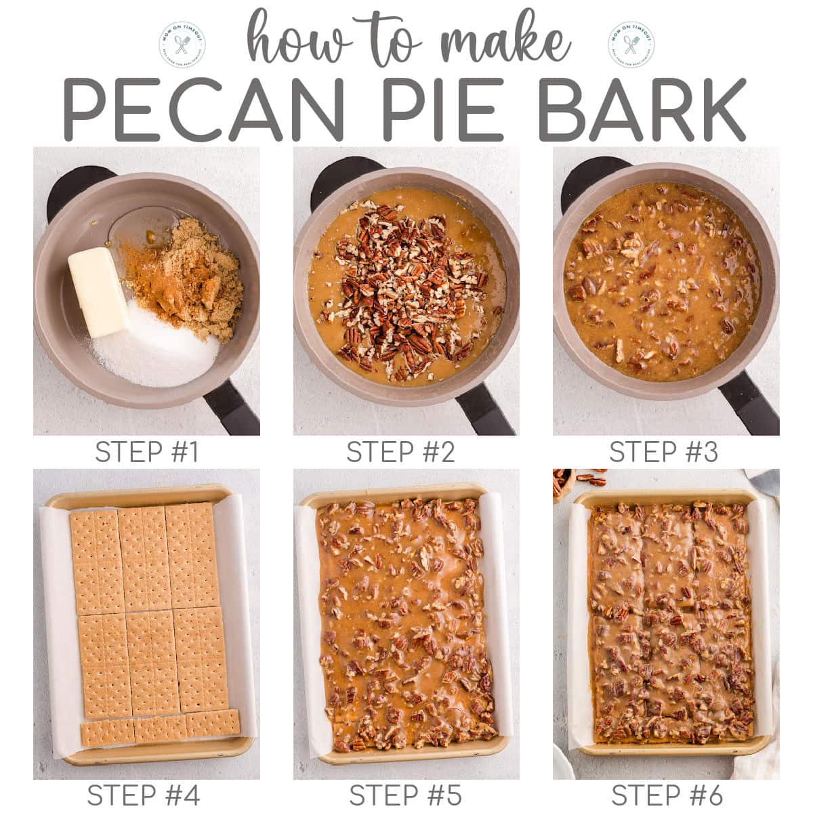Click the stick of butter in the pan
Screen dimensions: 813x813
[98, 291]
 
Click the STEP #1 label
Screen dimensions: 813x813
[147, 453]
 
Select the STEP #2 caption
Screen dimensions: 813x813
[400, 453]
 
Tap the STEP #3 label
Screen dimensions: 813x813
[663, 453]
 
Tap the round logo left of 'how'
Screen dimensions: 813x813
[182, 42]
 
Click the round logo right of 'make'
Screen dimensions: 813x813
[631, 42]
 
